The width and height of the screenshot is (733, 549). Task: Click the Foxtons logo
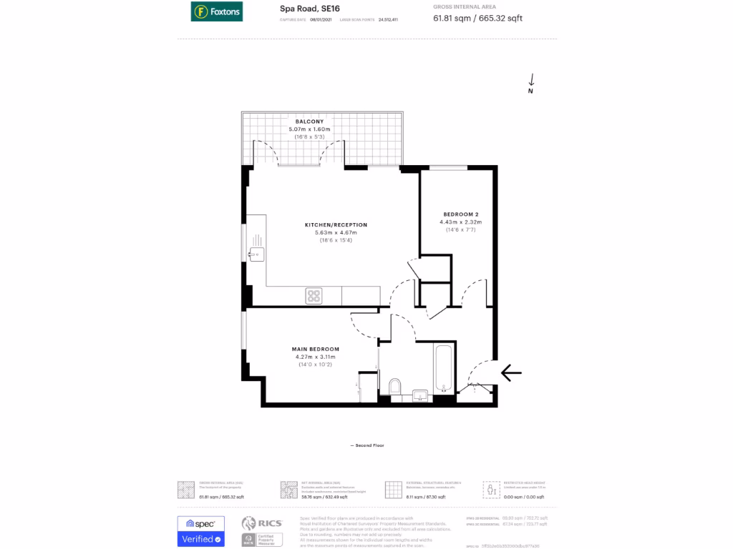tap(216, 11)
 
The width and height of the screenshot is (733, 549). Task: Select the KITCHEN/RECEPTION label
tap(330, 224)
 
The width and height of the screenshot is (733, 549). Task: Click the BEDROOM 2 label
tap(460, 214)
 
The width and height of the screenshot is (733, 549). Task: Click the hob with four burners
tap(314, 295)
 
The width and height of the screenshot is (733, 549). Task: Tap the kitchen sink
tap(256, 252)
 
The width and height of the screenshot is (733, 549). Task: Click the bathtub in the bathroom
tap(444, 369)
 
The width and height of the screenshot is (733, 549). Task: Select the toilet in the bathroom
tap(394, 387)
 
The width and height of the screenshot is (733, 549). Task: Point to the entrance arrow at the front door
tap(511, 372)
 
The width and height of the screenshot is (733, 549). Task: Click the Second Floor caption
tap(367, 445)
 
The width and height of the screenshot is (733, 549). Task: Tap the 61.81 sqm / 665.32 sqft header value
tap(477, 18)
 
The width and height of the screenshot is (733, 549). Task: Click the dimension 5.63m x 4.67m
tap(330, 232)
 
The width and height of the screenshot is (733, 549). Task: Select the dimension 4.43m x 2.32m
tap(460, 222)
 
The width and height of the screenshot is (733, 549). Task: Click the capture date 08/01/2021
tap(321, 19)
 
